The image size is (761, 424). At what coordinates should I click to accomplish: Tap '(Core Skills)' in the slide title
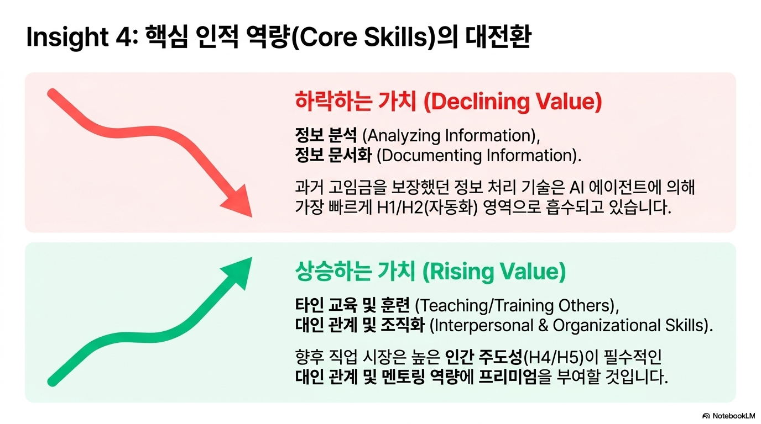click(363, 38)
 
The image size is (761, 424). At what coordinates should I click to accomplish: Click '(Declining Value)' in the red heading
click(512, 102)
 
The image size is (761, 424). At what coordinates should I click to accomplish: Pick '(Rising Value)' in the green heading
click(494, 272)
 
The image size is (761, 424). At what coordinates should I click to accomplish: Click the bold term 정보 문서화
click(333, 155)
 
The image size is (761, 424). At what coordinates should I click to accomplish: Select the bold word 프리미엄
click(508, 377)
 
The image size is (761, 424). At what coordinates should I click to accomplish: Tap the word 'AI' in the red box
click(577, 187)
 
